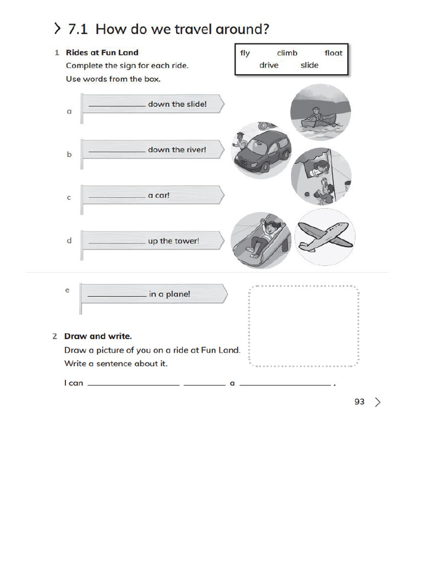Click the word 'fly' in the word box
(x=245, y=53)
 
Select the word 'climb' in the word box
(x=287, y=53)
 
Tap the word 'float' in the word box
(x=333, y=53)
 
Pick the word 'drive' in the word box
(x=269, y=65)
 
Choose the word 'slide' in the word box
(x=309, y=65)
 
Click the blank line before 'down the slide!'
(x=116, y=106)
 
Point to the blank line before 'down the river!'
(x=116, y=151)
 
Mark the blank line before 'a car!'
(x=116, y=197)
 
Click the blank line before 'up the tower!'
(x=116, y=242)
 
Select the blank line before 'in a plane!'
(x=116, y=296)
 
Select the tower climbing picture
(x=320, y=176)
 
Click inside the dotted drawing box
(x=304, y=325)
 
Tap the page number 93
(x=359, y=402)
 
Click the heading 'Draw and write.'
(x=98, y=336)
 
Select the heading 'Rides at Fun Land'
(x=102, y=53)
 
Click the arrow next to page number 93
(x=377, y=402)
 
